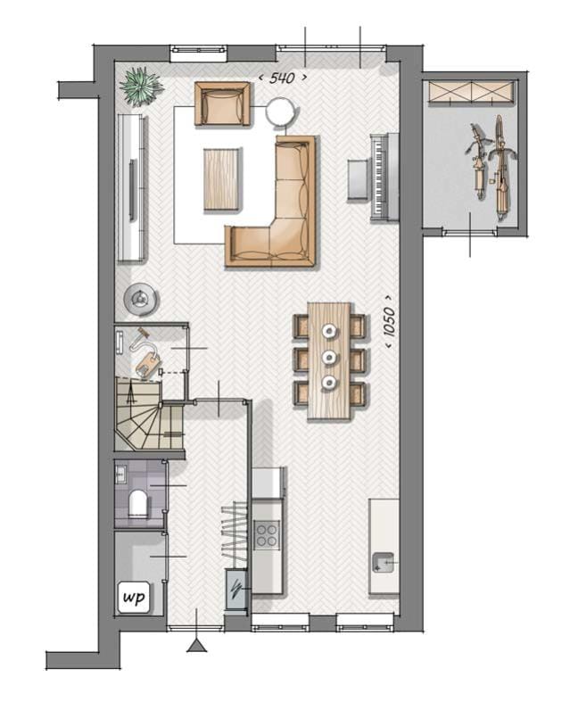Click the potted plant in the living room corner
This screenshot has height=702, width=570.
coord(141,87)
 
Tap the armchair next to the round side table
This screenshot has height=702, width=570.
coord(223,104)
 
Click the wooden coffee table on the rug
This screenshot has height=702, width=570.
coord(222,178)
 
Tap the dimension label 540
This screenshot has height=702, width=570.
coord(282,78)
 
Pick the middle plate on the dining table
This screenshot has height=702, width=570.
coord(330,358)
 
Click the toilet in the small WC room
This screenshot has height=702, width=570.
coord(139,505)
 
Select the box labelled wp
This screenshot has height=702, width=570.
coord(134,594)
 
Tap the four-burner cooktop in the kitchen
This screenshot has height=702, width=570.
coord(267,535)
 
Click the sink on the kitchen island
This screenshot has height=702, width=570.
coord(384,562)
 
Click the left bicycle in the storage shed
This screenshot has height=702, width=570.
coord(479,165)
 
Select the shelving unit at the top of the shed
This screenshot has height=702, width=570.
coord(471,92)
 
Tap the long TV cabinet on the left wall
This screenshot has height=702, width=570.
coord(132,188)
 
